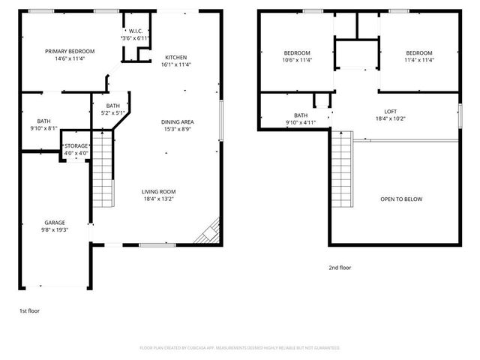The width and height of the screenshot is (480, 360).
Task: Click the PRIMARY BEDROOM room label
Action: click(69, 51)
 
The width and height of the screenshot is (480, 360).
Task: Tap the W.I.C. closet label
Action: click(136, 31)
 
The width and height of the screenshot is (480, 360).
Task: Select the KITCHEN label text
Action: click(176, 58)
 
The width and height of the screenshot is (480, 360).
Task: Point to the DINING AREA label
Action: click(177, 121)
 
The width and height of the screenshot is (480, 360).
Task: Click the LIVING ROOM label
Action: click(158, 192)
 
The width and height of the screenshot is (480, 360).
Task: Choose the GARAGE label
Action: click(54, 223)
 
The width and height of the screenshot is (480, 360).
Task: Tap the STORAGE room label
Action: click(76, 145)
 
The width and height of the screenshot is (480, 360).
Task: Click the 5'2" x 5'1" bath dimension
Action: click(113, 114)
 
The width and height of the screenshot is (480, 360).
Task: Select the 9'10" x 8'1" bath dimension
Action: click(44, 128)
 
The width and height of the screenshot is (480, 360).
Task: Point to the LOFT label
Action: click(391, 111)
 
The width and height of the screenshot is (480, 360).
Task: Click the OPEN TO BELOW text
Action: click(401, 199)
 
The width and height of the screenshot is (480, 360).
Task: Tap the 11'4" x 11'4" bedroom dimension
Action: click(418, 60)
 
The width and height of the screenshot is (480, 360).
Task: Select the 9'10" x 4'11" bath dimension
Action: click(300, 123)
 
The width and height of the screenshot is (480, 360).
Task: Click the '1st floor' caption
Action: click(30, 310)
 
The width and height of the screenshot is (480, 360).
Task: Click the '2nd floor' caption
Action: click(339, 268)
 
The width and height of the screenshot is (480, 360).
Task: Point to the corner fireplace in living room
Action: click(208, 232)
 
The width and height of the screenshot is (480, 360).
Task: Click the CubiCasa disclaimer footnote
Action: click(240, 348)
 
